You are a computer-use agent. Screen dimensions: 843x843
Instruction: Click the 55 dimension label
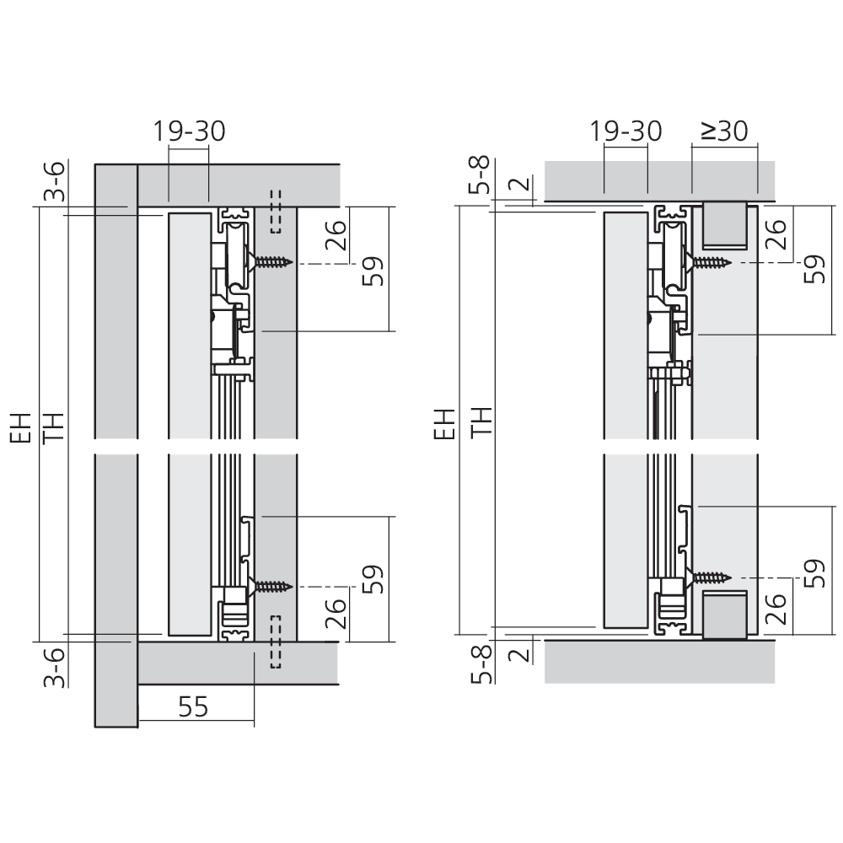193,706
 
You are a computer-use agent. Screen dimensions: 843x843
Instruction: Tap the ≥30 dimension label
724,131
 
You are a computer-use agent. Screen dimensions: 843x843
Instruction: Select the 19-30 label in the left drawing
189,132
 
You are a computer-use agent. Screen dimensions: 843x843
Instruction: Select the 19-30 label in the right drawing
626,132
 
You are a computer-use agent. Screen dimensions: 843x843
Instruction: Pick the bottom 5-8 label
481,663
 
